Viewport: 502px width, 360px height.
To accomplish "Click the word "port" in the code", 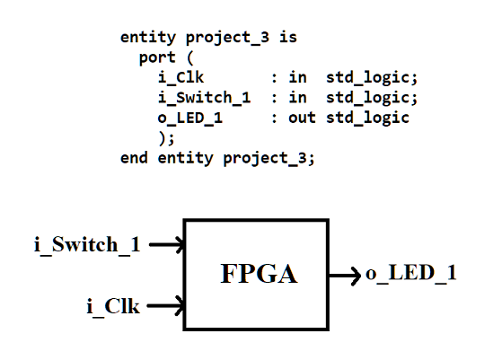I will point(157,58).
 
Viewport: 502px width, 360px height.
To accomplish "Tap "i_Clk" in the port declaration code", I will point(180,78).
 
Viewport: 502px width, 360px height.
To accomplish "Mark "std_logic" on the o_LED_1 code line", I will point(367,118).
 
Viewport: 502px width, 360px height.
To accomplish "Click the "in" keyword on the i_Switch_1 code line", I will point(297,98).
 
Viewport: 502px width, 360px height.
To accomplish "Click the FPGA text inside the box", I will point(259,275).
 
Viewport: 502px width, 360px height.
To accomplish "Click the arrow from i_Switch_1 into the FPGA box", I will point(167,244).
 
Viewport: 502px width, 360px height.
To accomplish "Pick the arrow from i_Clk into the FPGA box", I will point(165,307).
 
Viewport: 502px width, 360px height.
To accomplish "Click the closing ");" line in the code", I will point(163,137).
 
